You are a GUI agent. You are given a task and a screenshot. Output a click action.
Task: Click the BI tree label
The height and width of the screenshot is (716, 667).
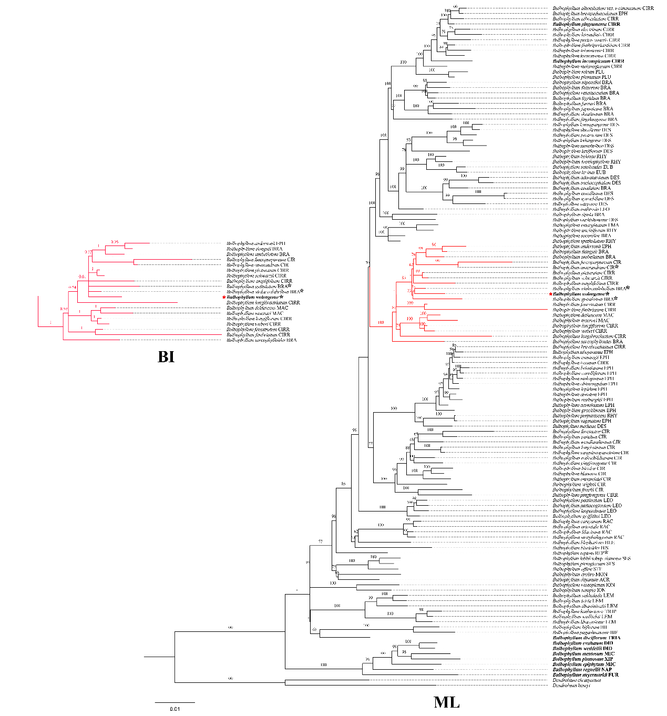(166, 357)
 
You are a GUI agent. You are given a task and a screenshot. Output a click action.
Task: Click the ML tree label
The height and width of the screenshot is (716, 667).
(446, 702)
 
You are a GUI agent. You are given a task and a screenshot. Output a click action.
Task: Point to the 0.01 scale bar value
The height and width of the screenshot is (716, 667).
(175, 709)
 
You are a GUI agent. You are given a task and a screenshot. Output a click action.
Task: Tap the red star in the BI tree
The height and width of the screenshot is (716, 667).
(224, 298)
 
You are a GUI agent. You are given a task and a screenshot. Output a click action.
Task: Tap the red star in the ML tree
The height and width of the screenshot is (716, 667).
(550, 294)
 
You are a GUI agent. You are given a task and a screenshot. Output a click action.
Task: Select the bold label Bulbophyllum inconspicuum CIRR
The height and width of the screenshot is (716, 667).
(588, 62)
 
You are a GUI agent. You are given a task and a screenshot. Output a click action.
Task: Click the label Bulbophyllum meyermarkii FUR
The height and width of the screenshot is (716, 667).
(586, 675)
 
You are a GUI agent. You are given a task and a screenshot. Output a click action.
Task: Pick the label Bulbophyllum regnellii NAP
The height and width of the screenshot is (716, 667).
(582, 670)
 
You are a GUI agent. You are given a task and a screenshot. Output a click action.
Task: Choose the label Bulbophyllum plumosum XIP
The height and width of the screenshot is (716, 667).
(582, 659)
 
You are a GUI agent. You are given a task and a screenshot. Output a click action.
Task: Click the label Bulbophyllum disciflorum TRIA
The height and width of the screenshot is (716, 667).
(587, 638)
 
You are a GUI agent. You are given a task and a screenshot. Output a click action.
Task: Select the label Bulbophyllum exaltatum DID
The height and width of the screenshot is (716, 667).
(582, 643)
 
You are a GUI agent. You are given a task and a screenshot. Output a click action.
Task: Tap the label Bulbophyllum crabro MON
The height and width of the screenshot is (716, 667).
(580, 575)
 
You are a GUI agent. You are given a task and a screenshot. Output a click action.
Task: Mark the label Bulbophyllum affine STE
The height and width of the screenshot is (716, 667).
(577, 569)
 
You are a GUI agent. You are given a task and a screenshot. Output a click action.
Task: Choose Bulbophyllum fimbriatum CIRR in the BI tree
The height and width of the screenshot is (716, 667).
(258, 335)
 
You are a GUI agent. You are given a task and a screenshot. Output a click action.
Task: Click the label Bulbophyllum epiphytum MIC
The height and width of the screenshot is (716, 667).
(583, 664)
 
